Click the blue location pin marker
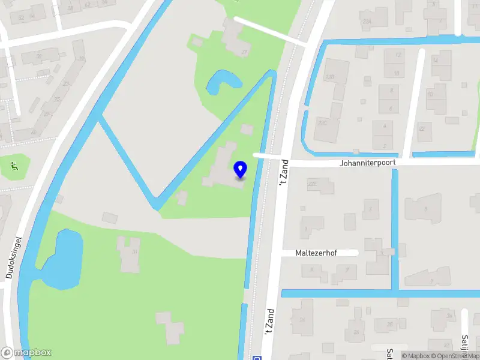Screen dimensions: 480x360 [241, 169]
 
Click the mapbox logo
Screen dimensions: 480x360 [26, 353]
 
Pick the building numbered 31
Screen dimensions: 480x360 [135, 251]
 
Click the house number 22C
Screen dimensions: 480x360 [323, 122]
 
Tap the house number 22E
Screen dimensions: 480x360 [312, 184]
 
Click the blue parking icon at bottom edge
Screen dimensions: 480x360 [257, 358]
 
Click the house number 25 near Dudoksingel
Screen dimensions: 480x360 [57, 99]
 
